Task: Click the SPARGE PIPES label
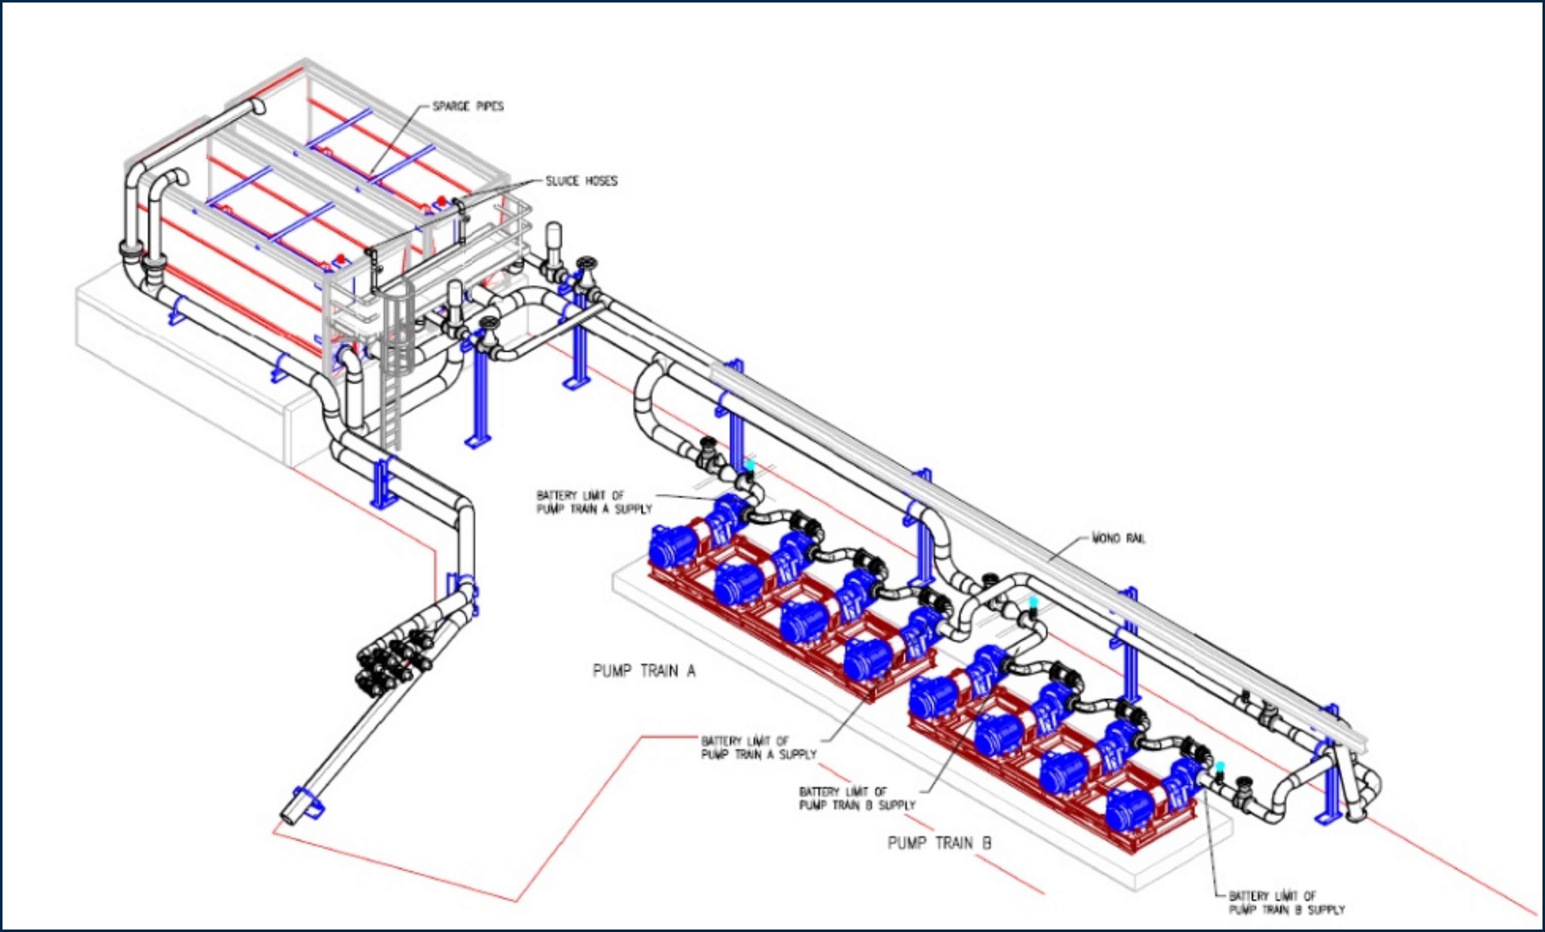point(468,107)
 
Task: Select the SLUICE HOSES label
point(581,181)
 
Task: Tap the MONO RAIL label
point(1118,538)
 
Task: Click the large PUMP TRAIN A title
point(644,671)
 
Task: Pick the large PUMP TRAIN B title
point(939,843)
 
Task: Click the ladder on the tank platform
point(392,402)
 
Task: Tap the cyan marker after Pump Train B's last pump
point(1220,766)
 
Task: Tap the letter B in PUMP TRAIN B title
point(986,843)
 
